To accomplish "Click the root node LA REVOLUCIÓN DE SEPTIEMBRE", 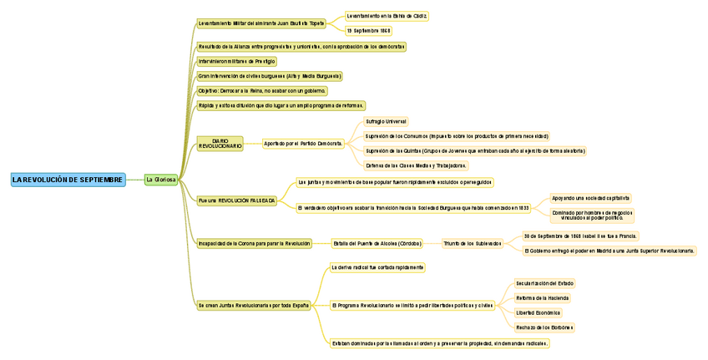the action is (x=68, y=180).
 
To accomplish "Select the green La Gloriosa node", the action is (x=161, y=180).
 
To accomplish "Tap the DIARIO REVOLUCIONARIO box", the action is (x=220, y=144).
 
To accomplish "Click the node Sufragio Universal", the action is (x=386, y=121).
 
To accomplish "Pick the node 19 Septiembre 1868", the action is (x=368, y=30).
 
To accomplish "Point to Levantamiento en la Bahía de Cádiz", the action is (x=387, y=16).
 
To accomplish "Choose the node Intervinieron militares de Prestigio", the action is (x=237, y=61).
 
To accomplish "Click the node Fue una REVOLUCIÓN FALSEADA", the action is (x=237, y=200).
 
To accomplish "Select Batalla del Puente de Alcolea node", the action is (x=377, y=244).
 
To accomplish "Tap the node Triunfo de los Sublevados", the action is (x=473, y=244).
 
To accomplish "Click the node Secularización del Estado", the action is (x=544, y=283).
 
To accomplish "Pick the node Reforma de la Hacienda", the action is (x=542, y=297).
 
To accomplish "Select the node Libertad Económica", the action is (x=538, y=312).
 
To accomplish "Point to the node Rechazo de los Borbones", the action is (x=544, y=327).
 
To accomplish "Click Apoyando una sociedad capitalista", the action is (x=591, y=198).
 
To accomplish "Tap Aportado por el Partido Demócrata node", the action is (x=303, y=144).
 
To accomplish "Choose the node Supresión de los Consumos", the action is (x=457, y=135).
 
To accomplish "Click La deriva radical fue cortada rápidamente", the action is (x=377, y=267).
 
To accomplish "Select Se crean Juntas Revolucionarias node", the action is (x=254, y=306).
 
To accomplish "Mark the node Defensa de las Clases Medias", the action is (x=416, y=165).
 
